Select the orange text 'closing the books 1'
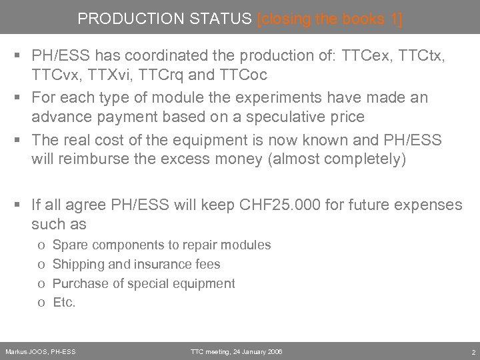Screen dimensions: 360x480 tap(329, 19)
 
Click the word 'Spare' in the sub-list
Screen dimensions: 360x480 tap(69, 245)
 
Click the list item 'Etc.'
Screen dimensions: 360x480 tap(64, 302)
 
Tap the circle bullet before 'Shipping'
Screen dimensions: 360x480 tap(41, 265)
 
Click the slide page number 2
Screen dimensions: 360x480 tap(472, 351)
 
